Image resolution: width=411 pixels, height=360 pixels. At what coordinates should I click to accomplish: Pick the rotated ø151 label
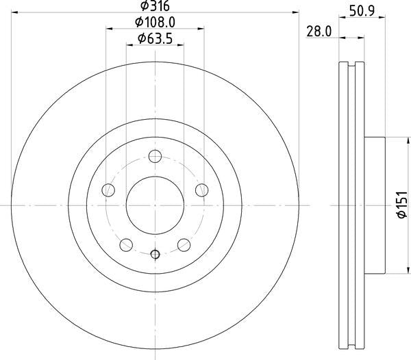tap(403, 205)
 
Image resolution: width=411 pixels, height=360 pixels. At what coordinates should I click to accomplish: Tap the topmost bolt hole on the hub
tap(155, 158)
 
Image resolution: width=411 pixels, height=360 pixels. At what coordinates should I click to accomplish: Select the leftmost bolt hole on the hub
tap(108, 190)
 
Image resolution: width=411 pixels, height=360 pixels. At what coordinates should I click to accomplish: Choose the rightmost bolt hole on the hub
tap(201, 190)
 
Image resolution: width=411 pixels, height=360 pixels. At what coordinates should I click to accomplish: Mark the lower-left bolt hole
tap(126, 244)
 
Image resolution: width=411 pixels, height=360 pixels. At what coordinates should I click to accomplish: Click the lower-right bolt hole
tap(184, 244)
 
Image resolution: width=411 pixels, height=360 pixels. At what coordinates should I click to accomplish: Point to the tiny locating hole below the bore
tap(155, 255)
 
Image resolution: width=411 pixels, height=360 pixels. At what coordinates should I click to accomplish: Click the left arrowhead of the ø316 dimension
tap(14, 12)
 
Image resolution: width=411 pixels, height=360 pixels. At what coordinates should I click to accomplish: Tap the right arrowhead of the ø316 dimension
tap(296, 12)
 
